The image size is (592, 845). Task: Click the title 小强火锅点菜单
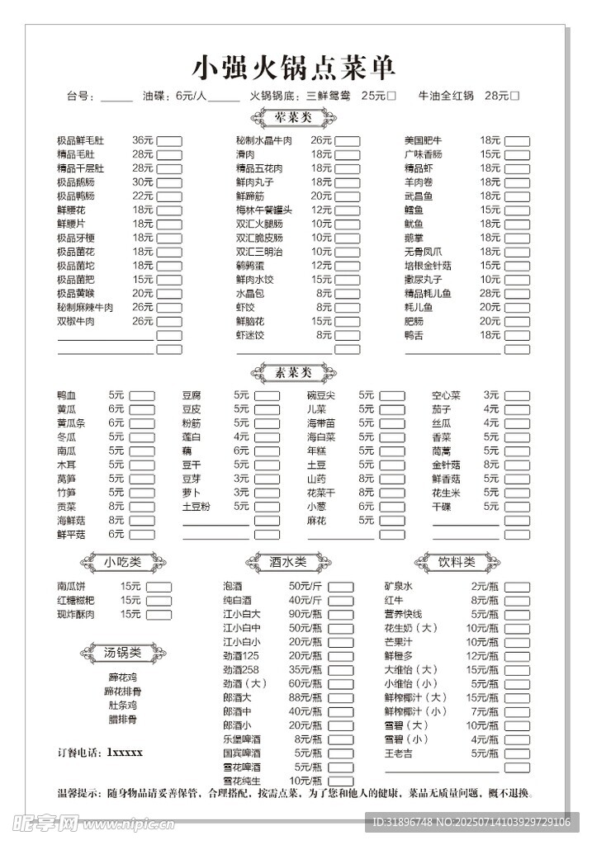[295, 66]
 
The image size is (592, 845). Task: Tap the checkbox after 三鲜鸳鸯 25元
[392, 96]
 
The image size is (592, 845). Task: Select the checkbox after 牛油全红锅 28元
[515, 96]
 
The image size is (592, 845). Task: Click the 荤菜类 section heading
[292, 118]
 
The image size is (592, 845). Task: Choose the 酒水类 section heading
[288, 562]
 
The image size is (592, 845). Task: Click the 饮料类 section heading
[457, 562]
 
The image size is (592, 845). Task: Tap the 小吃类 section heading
[122, 562]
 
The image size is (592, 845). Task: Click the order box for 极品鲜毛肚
[169, 141]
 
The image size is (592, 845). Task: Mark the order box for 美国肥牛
[518, 141]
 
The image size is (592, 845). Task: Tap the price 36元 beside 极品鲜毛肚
[143, 141]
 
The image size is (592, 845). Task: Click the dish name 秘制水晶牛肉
[264, 141]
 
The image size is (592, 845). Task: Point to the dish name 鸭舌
[414, 335]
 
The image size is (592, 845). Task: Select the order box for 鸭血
[142, 395]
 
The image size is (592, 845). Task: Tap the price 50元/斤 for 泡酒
[305, 586]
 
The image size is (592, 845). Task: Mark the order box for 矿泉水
[518, 586]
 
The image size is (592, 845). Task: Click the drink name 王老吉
[399, 753]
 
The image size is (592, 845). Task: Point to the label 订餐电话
[79, 753]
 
